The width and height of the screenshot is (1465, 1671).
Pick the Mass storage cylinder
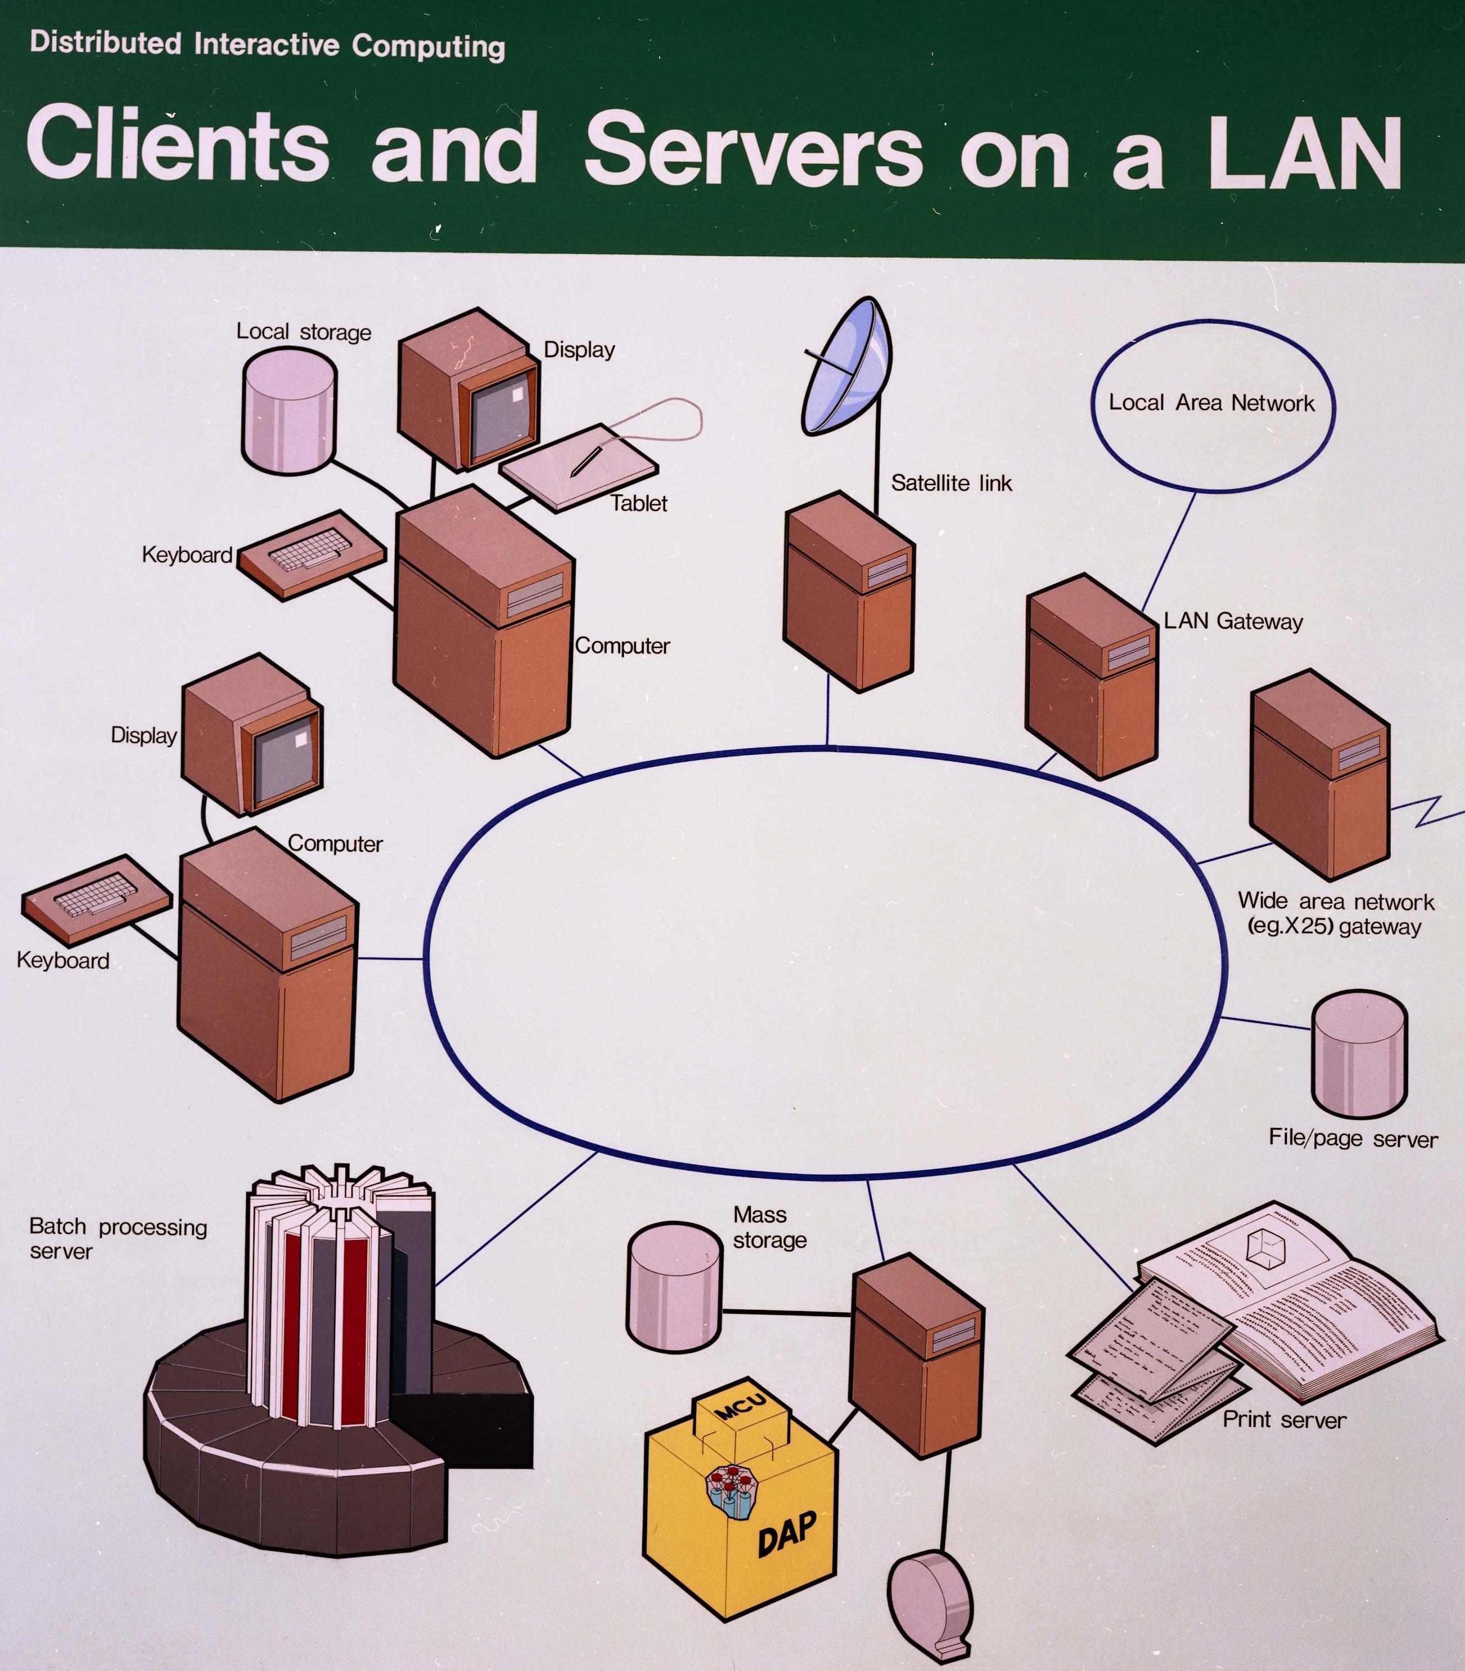[x=674, y=1287]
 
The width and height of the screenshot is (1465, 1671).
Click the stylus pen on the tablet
[x=586, y=460]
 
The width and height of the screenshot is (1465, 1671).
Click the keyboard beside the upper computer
[x=311, y=554]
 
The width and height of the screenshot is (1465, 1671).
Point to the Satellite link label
[x=951, y=483]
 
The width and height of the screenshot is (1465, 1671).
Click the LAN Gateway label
[x=1233, y=621]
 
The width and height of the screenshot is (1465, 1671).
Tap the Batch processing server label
[x=118, y=1238]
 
